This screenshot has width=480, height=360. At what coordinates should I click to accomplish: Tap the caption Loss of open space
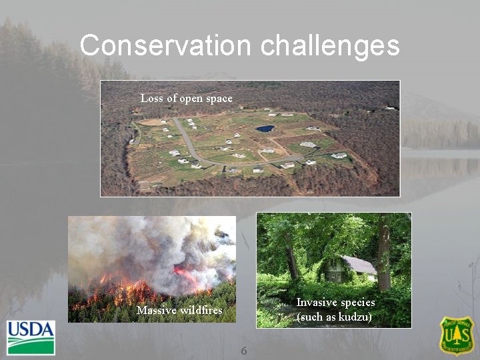pos(187,99)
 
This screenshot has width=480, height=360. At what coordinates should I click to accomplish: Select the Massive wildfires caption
pos(179,311)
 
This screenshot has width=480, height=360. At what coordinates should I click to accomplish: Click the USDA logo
pos(31,337)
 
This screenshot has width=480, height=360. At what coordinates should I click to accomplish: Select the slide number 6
pos(244,351)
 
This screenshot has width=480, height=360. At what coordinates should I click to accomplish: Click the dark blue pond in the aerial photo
pos(265,128)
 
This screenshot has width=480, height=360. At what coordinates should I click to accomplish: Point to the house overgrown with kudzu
pos(347,270)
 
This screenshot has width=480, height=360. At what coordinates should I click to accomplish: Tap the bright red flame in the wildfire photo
pos(183,274)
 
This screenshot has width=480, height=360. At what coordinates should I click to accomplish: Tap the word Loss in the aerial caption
pos(151,99)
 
